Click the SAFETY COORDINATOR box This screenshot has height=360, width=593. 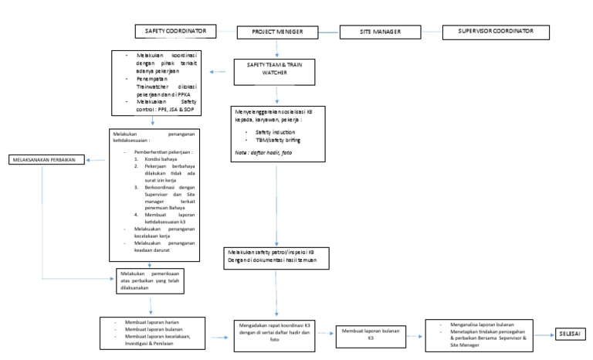point(175,31)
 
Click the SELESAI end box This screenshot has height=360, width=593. point(570,333)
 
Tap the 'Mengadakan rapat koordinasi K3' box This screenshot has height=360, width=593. point(276,333)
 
